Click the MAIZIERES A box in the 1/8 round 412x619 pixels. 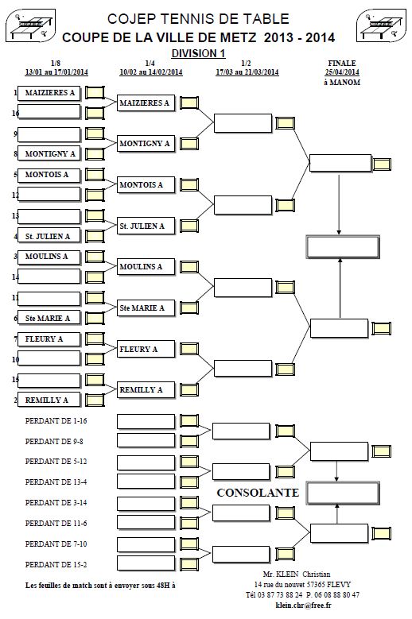(49, 93)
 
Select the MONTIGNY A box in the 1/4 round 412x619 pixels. (146, 144)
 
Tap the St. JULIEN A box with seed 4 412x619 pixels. (49, 237)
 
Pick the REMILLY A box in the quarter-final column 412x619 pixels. (146, 390)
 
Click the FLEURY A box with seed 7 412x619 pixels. (49, 339)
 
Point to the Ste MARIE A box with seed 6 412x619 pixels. (49, 318)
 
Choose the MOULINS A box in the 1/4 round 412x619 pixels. (146, 267)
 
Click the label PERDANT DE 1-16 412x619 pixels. (56, 421)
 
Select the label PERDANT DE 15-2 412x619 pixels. (56, 564)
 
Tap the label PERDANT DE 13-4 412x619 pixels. (56, 482)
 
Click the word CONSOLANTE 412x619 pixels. (258, 493)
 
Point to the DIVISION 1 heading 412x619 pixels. (198, 53)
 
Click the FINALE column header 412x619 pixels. (342, 63)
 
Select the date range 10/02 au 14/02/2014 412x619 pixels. (151, 72)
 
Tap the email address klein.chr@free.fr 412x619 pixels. (303, 605)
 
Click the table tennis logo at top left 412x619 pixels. (30, 26)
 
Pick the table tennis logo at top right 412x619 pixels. (381, 26)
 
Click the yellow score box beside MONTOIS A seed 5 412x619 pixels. (95, 174)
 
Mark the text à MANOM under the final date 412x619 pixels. (342, 83)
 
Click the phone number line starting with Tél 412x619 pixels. (302, 595)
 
